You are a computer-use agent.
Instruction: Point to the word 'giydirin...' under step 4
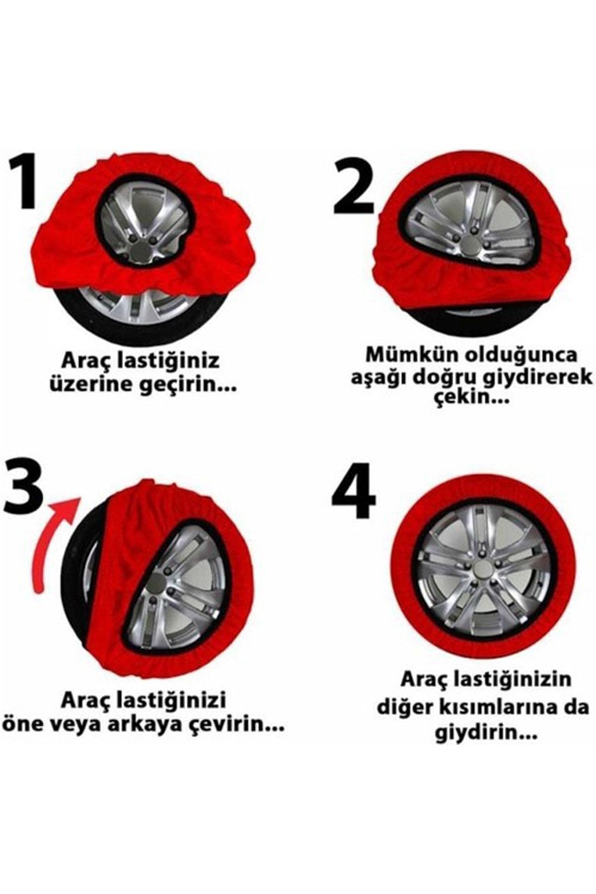[486, 735]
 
